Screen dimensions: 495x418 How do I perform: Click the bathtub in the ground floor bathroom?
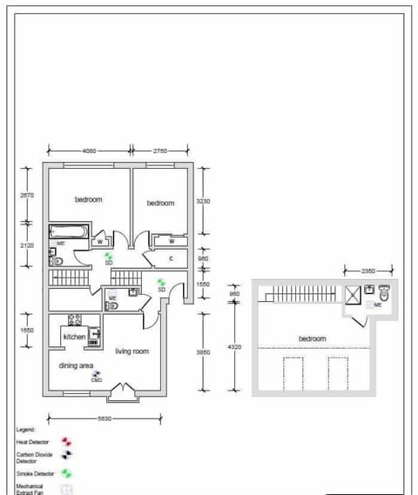pos(67,231)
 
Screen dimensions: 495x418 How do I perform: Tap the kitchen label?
pos(74,336)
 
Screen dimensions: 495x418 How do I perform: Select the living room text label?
pos(131,351)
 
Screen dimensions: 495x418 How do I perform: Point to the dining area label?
pos(76,366)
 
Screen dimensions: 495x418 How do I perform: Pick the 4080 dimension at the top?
pos(89,151)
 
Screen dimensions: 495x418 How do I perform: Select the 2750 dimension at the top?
pos(159,151)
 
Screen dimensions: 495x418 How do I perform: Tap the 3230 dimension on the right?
pos(203,200)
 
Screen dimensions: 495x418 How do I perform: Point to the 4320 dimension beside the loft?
pos(234,347)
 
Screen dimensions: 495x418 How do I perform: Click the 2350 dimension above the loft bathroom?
pos(370,271)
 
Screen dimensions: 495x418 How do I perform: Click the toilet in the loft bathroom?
pos(385,294)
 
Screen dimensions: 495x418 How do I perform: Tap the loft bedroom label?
pos(312,338)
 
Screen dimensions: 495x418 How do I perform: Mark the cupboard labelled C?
pos(172,258)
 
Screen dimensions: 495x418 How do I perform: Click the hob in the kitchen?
pos(74,319)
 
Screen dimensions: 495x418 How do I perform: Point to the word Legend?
pos(25,430)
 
